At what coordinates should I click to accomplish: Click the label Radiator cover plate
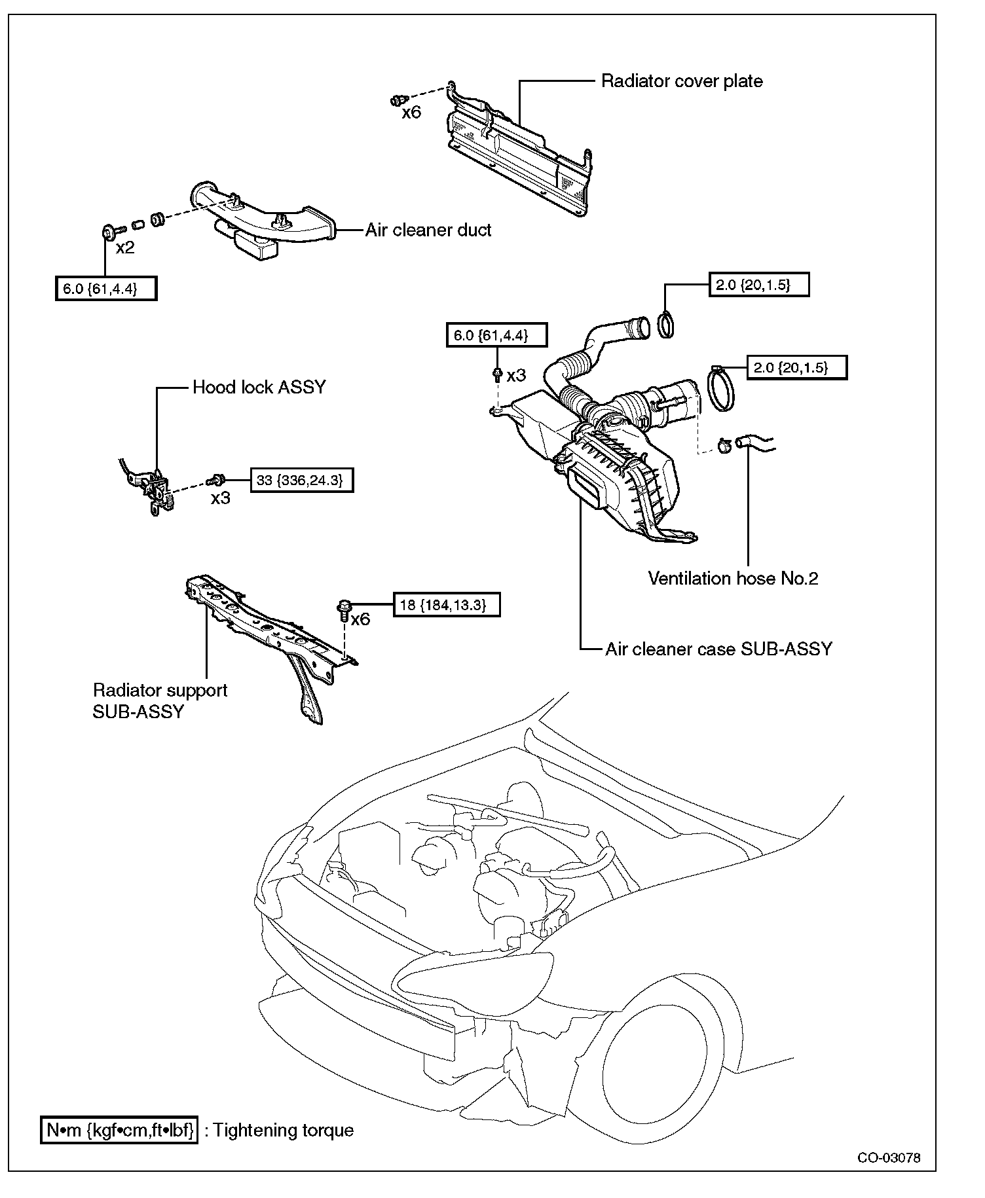682,81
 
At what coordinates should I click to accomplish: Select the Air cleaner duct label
428,230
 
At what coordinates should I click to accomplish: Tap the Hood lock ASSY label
259,387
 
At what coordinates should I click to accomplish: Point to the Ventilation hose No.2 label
733,578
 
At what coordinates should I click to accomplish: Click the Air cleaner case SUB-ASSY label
718,649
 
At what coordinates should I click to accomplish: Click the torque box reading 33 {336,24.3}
302,480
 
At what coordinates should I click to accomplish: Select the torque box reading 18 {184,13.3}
446,604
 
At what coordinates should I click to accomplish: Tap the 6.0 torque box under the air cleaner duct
106,288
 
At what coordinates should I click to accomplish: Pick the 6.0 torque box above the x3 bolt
496,335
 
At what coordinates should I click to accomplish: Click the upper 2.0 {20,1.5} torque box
758,285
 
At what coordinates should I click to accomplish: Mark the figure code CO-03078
889,1157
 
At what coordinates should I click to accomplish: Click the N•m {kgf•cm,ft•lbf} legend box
120,1131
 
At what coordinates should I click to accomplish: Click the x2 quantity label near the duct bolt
125,248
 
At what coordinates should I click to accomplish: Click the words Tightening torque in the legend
283,1131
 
